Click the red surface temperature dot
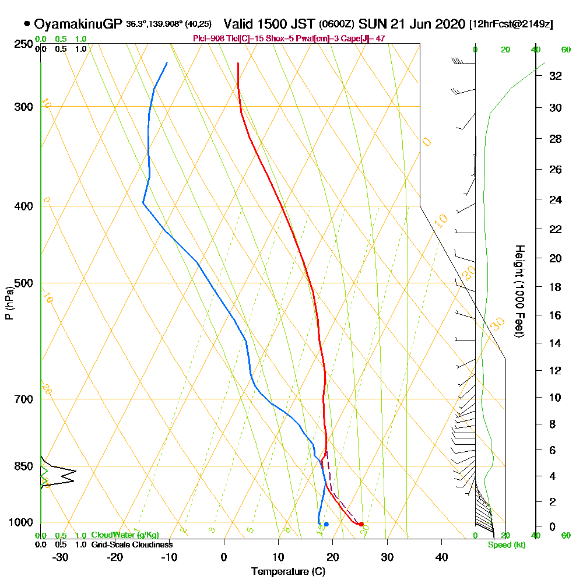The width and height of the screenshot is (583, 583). click(361, 524)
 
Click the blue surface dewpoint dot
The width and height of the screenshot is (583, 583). click(326, 524)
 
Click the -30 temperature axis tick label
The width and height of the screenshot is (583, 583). click(61, 557)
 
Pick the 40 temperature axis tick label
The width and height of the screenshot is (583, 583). click(441, 557)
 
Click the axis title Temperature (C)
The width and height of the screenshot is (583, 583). click(288, 572)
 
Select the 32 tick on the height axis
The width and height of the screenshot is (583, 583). click(555, 76)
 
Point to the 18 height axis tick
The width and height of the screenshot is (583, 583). click(555, 287)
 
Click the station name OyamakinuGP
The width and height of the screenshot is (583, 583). click(78, 24)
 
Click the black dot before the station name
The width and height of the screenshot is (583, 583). click(27, 24)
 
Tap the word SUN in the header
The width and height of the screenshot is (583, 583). click(371, 24)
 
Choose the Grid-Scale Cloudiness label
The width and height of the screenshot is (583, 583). click(131, 545)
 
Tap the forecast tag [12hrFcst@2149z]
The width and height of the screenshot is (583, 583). click(511, 24)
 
